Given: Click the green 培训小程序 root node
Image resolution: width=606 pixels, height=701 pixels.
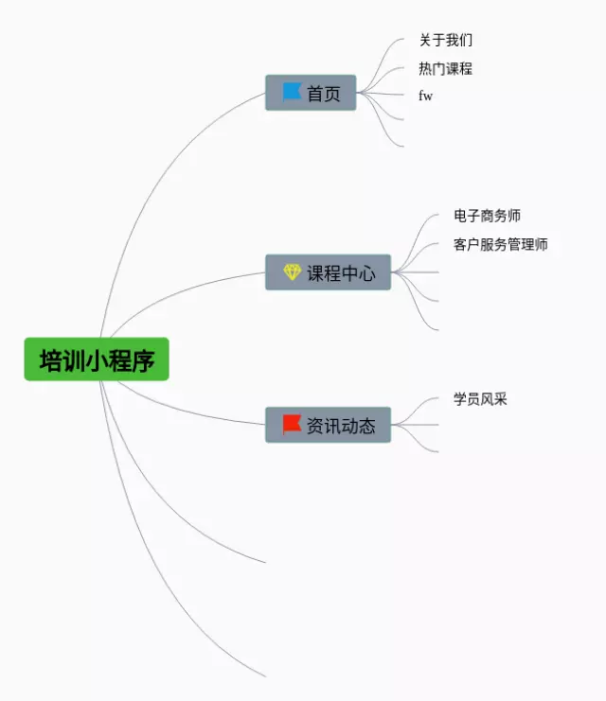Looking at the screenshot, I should click(97, 359).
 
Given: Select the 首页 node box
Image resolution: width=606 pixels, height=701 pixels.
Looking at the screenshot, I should click(311, 93).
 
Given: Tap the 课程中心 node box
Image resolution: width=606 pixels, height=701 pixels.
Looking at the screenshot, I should click(328, 272).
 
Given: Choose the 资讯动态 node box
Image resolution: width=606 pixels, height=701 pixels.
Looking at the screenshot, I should click(328, 425).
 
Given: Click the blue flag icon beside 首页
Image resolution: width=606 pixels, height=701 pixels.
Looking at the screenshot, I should click(292, 92).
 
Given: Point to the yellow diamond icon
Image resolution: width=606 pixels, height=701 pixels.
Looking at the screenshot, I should click(292, 272).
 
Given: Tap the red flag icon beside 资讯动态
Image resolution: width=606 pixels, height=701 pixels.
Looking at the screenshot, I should click(292, 424).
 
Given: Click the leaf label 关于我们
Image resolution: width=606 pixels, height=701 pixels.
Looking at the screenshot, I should click(445, 41).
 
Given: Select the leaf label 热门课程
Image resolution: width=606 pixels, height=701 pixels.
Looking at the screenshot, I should click(445, 69).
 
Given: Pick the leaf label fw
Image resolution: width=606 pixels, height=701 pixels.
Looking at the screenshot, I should click(425, 96).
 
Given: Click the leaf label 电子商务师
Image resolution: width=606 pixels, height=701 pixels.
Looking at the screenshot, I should click(487, 217).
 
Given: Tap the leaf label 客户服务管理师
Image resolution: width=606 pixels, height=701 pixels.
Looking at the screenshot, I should click(500, 245).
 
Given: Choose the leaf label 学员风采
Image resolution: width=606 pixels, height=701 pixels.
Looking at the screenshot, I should click(480, 399).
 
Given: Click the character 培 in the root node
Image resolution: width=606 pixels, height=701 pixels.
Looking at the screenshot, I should click(50, 360).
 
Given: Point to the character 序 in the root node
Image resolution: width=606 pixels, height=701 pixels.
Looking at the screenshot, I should click(143, 360).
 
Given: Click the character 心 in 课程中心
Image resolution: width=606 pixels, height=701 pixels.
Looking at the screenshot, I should click(366, 273).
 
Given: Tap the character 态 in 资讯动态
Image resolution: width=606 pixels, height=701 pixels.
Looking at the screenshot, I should click(366, 426).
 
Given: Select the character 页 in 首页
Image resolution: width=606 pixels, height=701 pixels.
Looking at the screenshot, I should click(332, 94).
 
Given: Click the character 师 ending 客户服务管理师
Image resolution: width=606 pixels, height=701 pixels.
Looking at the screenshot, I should click(541, 245).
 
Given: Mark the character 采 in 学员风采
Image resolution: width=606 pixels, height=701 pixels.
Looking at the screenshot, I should click(501, 399).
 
